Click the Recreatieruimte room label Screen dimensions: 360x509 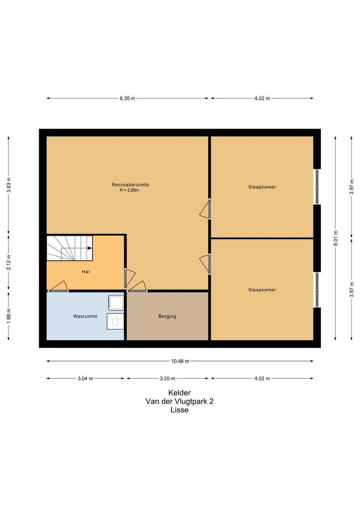click(x=130, y=185)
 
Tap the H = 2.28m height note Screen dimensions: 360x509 click(x=129, y=190)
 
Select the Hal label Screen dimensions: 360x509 click(x=86, y=272)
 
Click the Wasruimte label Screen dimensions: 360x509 click(x=85, y=316)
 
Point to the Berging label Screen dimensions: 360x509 click(x=167, y=316)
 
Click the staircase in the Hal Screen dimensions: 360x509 click(x=69, y=248)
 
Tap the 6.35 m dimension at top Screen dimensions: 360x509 click(x=127, y=99)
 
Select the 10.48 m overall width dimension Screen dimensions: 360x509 click(x=180, y=361)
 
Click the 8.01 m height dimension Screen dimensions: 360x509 click(x=335, y=238)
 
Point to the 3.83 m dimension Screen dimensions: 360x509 click(x=9, y=185)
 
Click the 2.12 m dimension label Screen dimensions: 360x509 click(x=9, y=263)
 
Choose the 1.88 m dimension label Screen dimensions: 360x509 click(x=9, y=316)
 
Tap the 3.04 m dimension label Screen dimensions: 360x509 click(x=85, y=378)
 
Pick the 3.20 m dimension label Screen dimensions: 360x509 click(x=167, y=378)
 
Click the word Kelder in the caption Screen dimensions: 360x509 click(x=180, y=393)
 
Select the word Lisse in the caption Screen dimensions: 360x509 click(x=180, y=410)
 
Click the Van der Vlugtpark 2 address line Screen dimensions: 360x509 click(x=180, y=402)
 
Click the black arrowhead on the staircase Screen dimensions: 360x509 click(x=90, y=248)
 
